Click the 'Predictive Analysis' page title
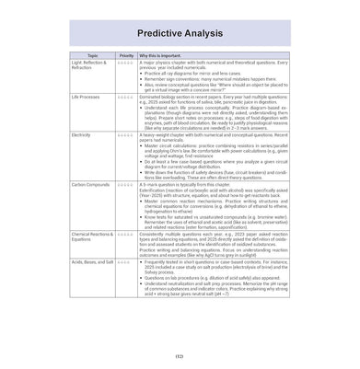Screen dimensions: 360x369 (x=180, y=31)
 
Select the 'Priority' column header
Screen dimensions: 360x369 (x=127, y=70)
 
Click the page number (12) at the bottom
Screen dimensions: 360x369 (x=180, y=357)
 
